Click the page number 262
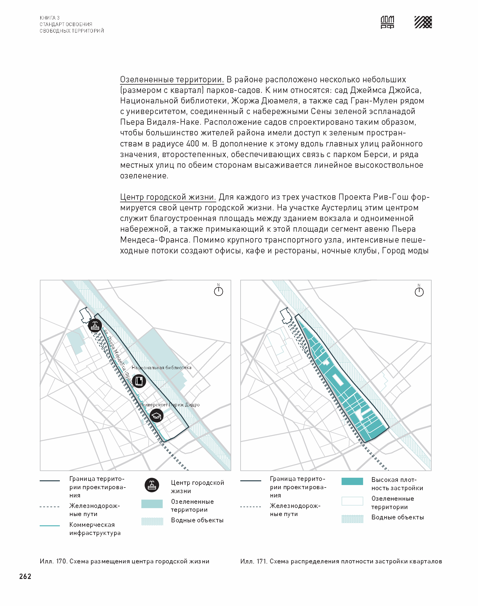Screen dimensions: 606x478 coord(25,576)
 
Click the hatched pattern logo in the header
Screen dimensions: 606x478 coord(423,22)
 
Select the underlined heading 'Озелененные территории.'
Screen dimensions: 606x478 coord(172,79)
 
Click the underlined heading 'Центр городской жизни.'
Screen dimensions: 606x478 coord(168,197)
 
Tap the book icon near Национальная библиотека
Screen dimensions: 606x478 coord(139,381)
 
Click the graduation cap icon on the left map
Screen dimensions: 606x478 coord(156,416)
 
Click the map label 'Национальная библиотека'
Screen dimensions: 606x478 coord(162,367)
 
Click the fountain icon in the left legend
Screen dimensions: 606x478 coord(152,485)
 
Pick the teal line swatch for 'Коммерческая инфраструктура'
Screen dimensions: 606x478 coord(50,526)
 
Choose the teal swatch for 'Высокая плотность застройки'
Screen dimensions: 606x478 coord(352,481)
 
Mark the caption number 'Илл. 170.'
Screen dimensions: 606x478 coord(53,561)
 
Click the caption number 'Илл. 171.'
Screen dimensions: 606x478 coord(254,561)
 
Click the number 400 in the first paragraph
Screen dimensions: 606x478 coord(193,144)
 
